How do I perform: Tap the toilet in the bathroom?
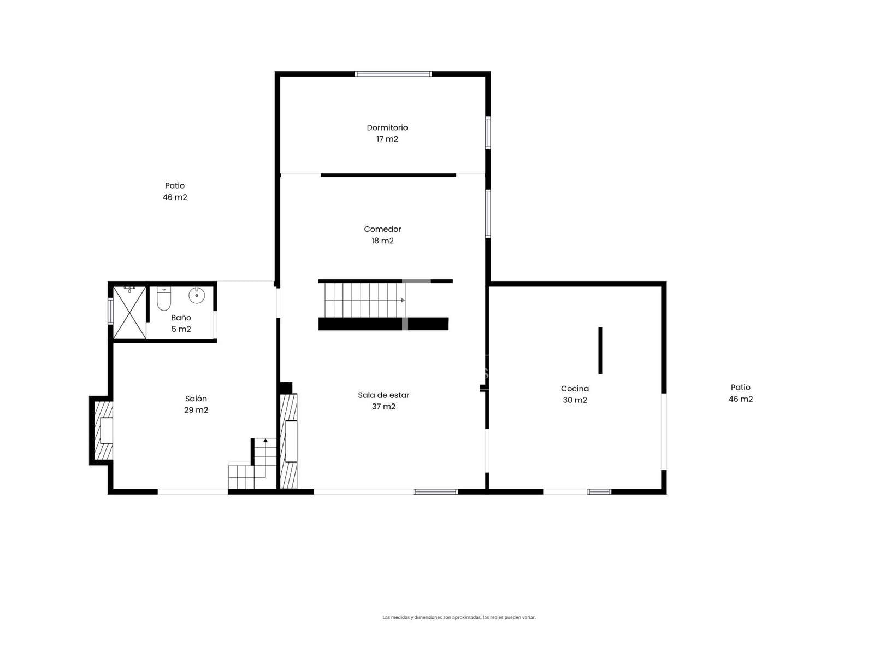pyautogui.click(x=163, y=298)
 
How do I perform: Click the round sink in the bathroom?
pyautogui.click(x=196, y=295)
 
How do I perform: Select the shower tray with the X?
pyautogui.click(x=129, y=313)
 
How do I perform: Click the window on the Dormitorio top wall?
pyautogui.click(x=393, y=74)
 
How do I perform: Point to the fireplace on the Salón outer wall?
pyautogui.click(x=101, y=430)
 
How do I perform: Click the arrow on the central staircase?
pyautogui.click(x=403, y=300)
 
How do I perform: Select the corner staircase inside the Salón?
pyautogui.click(x=252, y=463)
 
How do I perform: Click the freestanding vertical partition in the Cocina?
pyautogui.click(x=600, y=350)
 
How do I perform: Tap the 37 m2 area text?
pyautogui.click(x=383, y=406)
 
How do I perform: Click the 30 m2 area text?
pyautogui.click(x=575, y=400)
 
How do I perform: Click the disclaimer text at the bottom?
pyautogui.click(x=459, y=617)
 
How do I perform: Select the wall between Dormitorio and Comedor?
pyautogui.click(x=388, y=175)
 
